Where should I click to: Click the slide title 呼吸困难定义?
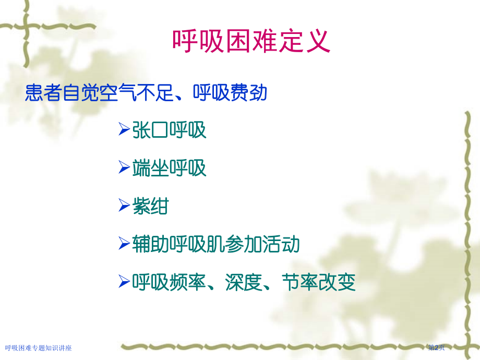[x=251, y=41]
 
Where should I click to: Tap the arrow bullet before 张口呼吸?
[x=124, y=129]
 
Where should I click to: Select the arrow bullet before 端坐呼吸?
[x=124, y=167]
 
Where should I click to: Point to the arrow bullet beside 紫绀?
[x=124, y=206]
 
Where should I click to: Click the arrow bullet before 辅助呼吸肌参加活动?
[x=124, y=244]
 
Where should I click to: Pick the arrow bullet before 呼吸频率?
[x=124, y=282]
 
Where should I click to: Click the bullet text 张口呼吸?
[x=169, y=130]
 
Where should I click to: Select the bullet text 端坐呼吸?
[x=169, y=168]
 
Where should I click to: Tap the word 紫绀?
[x=151, y=206]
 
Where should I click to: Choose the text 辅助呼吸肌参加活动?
[x=216, y=244]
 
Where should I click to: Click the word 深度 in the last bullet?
[x=244, y=282]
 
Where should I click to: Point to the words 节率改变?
[x=319, y=282]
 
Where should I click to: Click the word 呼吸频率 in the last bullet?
[x=169, y=282]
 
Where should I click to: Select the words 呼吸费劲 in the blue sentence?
[x=230, y=92]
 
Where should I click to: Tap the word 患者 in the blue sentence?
[x=43, y=92]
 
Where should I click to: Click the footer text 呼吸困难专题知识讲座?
[x=38, y=348]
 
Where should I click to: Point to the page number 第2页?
[x=436, y=347]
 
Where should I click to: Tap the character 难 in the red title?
[x=265, y=41]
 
